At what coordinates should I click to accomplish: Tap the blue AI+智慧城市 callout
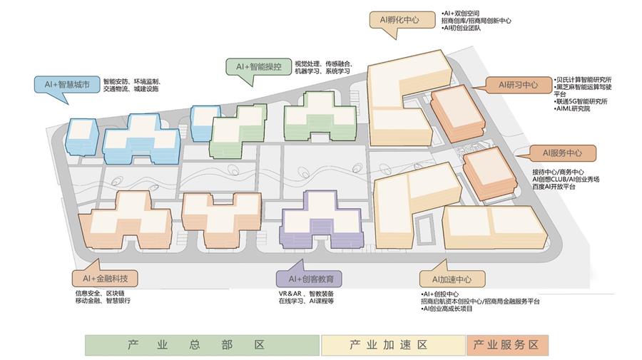[67, 85]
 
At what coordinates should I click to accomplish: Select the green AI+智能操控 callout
[259, 67]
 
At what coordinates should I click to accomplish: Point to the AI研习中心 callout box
[519, 85]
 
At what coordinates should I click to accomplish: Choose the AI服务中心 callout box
[562, 153]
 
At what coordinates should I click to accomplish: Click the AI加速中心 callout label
[452, 279]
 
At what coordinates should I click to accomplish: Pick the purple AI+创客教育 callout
[309, 279]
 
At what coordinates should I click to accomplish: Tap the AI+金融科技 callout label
[106, 279]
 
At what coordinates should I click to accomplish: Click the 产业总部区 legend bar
[203, 345]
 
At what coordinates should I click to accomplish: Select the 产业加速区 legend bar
[393, 345]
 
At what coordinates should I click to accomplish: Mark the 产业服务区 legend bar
[507, 345]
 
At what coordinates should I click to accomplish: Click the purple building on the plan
[321, 220]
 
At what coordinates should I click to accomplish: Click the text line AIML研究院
[572, 109]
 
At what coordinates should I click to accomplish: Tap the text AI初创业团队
[461, 28]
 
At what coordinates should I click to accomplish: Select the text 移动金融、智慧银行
[103, 301]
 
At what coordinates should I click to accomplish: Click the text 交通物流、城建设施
[131, 89]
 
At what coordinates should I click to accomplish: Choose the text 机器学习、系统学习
[322, 71]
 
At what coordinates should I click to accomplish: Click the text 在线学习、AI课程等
[306, 301]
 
